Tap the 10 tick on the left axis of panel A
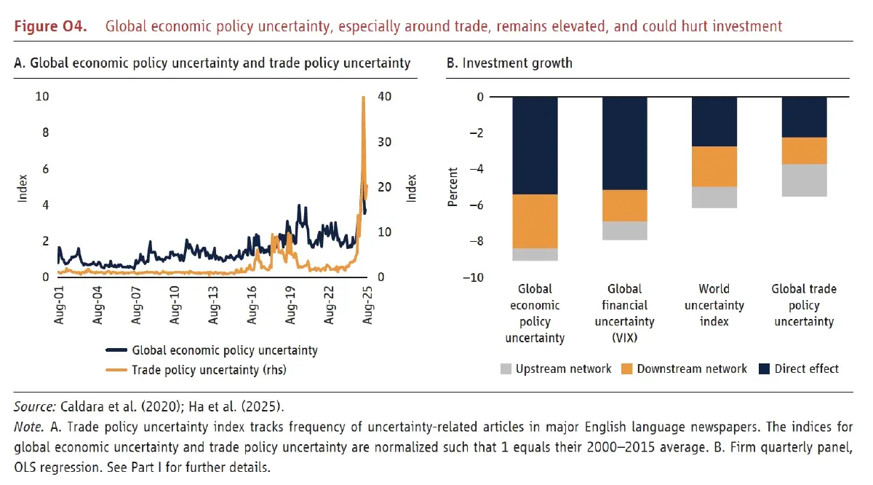43,97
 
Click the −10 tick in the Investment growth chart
473,277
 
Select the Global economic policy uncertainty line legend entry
225,350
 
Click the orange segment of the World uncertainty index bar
714,166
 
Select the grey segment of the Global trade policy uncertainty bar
804,180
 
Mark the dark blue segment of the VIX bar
625,143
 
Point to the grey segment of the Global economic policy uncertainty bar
535,254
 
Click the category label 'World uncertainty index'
714,305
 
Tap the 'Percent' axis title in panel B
453,187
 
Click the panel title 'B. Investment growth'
509,63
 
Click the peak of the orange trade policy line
363,98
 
